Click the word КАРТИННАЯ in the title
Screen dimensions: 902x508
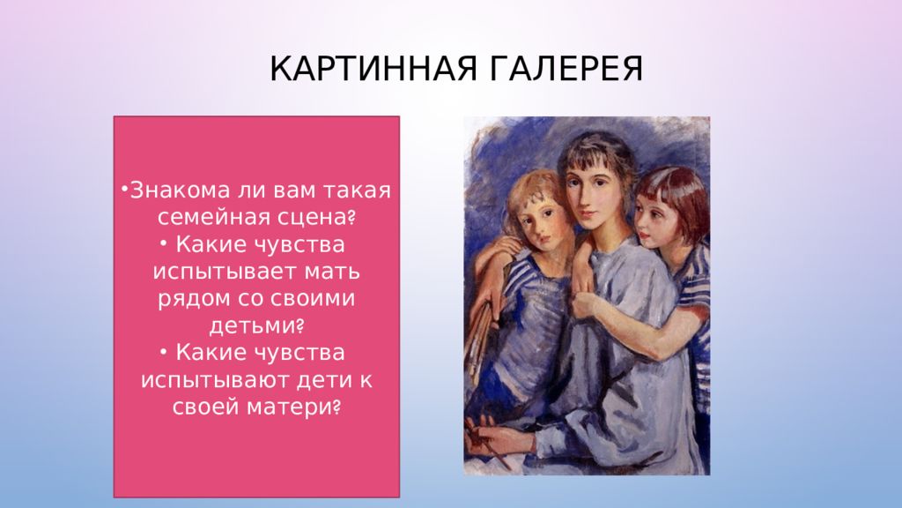coord(373,69)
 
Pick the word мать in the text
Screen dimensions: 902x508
coord(333,272)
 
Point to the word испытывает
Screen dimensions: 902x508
coord(225,272)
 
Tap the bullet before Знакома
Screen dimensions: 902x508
coord(124,189)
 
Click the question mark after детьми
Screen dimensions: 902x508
coord(299,326)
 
